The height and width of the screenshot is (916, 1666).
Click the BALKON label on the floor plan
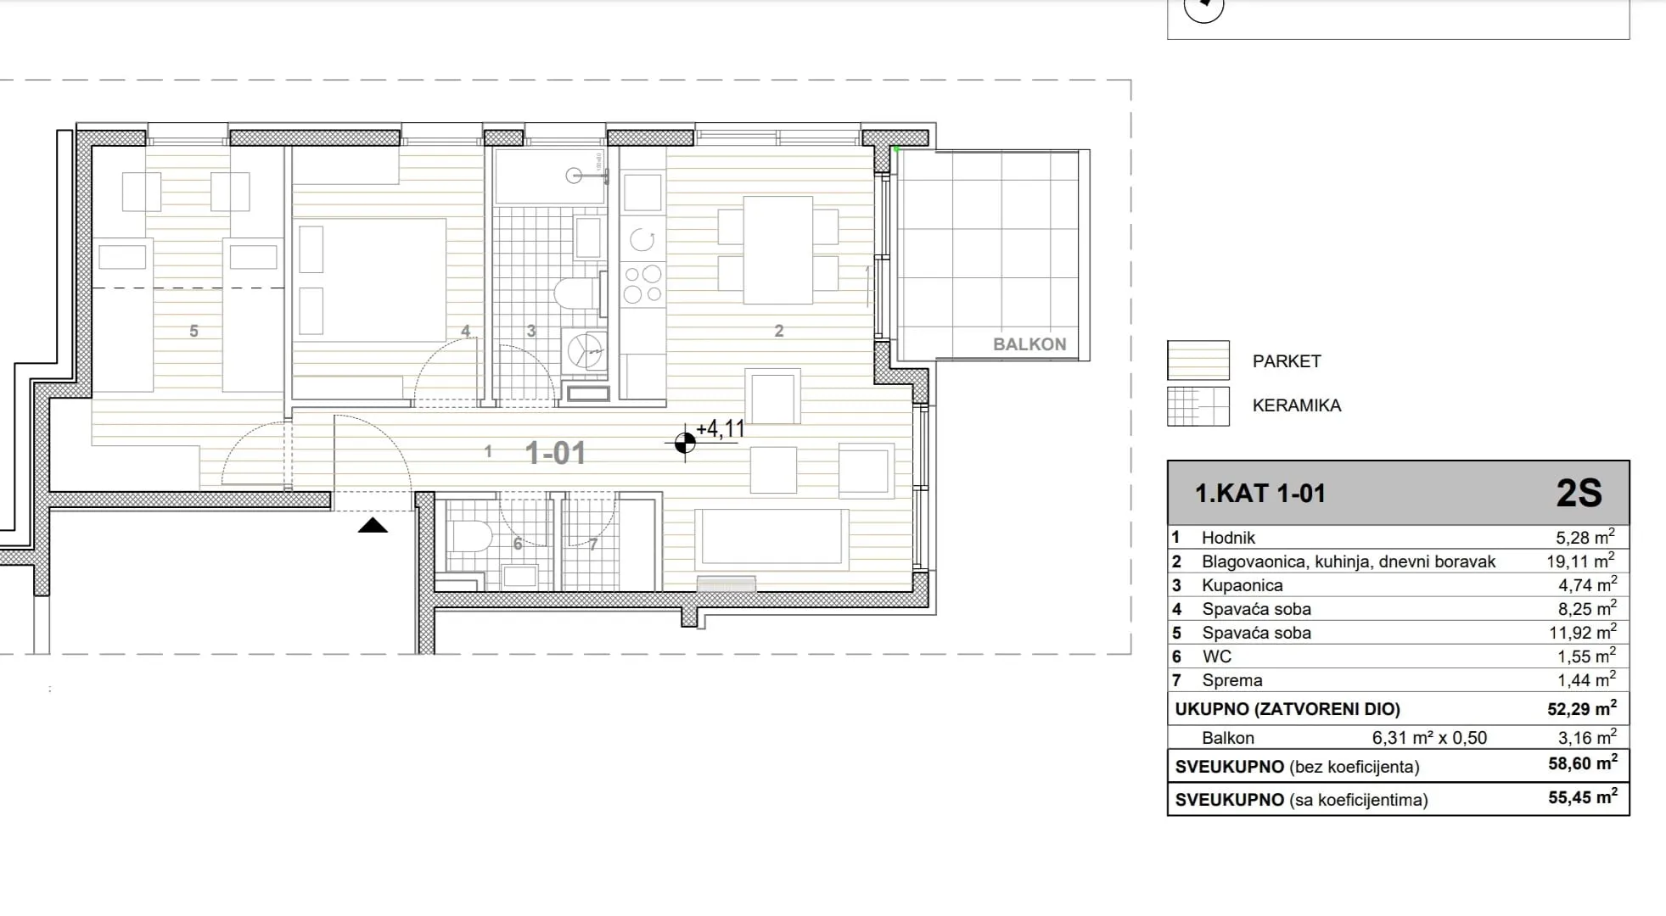(1029, 344)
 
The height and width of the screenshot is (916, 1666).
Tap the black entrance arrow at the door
(373, 526)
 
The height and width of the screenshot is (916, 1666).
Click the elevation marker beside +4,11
(685, 443)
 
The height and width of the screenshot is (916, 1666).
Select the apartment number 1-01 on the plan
(556, 453)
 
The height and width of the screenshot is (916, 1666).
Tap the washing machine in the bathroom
(585, 349)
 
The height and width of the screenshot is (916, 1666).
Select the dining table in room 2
(778, 250)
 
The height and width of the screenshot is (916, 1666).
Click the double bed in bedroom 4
(369, 280)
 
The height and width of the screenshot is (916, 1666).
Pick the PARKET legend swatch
(1198, 360)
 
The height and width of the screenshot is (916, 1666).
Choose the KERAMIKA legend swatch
(1198, 406)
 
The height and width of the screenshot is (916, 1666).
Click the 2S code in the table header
(1579, 494)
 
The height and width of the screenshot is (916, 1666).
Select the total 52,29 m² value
(1582, 708)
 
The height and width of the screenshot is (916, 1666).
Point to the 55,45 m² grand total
(1583, 798)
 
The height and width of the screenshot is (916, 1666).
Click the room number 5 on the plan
(194, 332)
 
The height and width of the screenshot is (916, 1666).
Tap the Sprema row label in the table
(1232, 680)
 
